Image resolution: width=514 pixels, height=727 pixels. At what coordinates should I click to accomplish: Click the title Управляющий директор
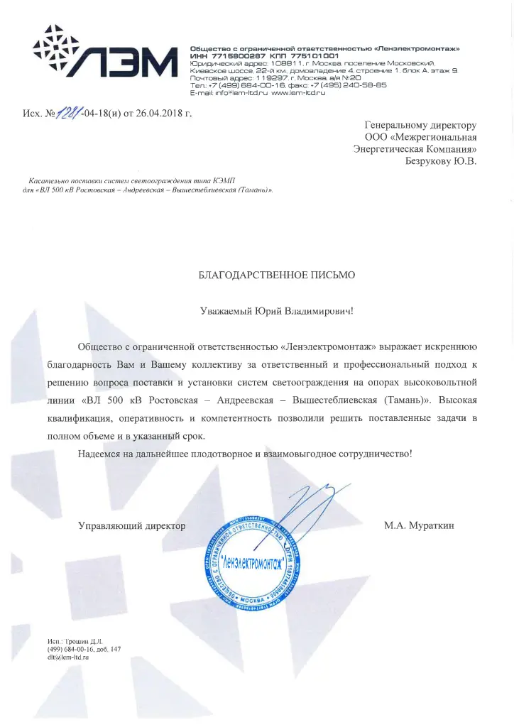tap(132, 526)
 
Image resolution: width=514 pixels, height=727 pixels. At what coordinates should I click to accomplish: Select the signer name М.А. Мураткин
tap(418, 526)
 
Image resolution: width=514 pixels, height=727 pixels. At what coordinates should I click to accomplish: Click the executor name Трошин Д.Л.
tap(84, 641)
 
